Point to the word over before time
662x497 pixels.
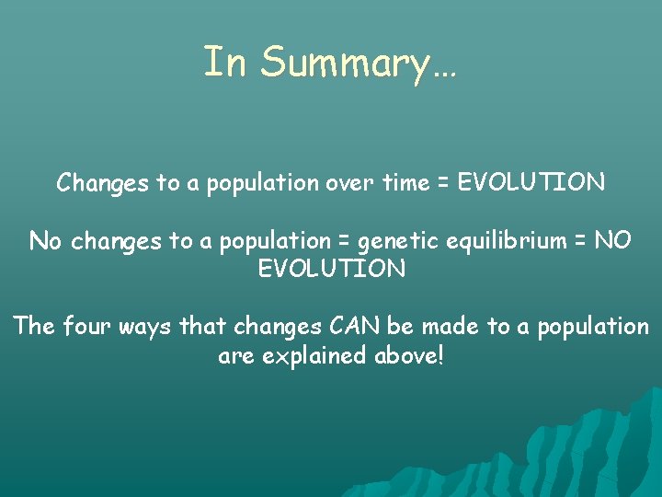click(349, 183)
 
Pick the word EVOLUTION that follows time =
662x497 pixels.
click(531, 182)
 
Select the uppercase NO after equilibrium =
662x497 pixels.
click(612, 241)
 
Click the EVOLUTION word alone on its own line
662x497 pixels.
click(331, 269)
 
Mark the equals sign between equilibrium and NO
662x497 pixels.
click(576, 242)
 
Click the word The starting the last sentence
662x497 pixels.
click(34, 327)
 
